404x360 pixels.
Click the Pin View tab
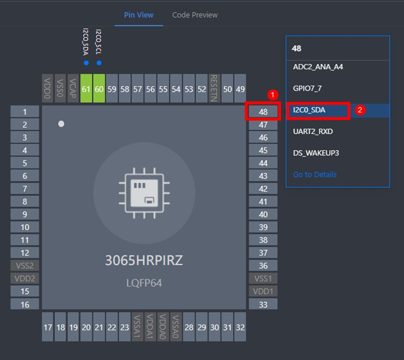point(139,15)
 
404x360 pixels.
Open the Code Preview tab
point(195,15)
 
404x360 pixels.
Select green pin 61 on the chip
point(86,89)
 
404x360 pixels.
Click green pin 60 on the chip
point(99,89)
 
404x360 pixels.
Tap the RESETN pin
point(214,89)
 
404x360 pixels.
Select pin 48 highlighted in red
point(263,112)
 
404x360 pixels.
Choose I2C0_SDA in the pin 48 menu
point(309,110)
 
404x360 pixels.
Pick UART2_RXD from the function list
point(313,132)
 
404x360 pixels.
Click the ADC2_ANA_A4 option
point(318,67)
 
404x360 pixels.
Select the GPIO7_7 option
point(307,89)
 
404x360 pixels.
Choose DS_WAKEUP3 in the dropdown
point(316,153)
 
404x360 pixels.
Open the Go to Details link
point(315,175)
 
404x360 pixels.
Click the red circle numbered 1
point(273,95)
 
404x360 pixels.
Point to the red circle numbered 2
point(360,110)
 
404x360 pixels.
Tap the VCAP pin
point(73,89)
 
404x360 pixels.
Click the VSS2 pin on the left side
point(25,266)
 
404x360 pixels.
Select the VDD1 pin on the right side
point(263,291)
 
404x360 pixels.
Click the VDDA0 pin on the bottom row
point(163,327)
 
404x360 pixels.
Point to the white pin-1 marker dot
point(61,124)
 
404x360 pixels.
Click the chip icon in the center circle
point(144,193)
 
